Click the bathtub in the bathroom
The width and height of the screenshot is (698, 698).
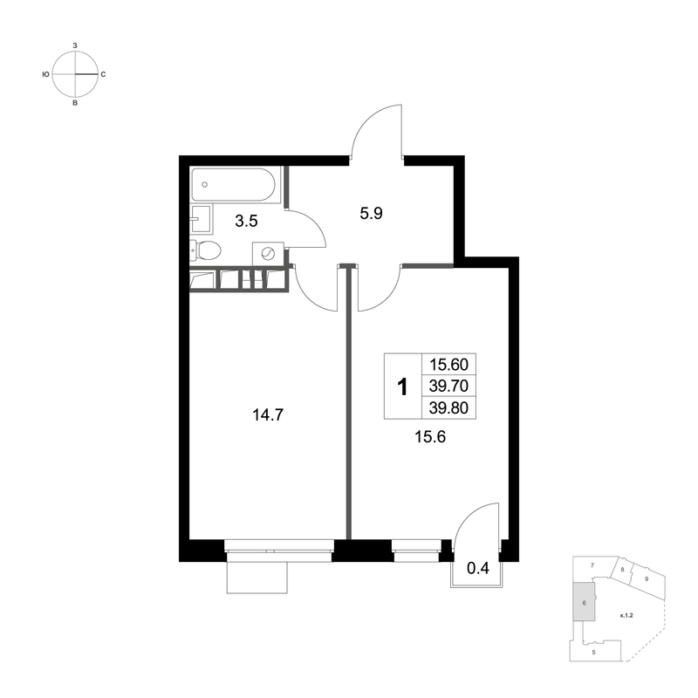pyautogui.click(x=233, y=185)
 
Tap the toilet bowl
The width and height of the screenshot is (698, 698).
pyautogui.click(x=209, y=251)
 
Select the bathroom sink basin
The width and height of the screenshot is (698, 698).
pyautogui.click(x=202, y=216)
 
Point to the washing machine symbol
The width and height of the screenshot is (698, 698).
pyautogui.click(x=269, y=254)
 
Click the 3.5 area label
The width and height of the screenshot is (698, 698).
pyautogui.click(x=246, y=222)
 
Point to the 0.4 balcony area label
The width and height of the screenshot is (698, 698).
pyautogui.click(x=477, y=568)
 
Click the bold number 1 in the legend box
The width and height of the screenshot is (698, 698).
pyautogui.click(x=402, y=386)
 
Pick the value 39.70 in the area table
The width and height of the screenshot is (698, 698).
pyautogui.click(x=447, y=386)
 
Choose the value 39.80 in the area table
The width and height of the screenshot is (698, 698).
pyautogui.click(x=447, y=406)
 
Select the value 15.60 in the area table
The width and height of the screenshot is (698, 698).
pyautogui.click(x=447, y=366)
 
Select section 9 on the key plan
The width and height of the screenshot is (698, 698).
pyautogui.click(x=647, y=578)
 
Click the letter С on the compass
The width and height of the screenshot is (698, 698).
pyautogui.click(x=104, y=75)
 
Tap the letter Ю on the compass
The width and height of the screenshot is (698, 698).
pyautogui.click(x=45, y=75)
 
